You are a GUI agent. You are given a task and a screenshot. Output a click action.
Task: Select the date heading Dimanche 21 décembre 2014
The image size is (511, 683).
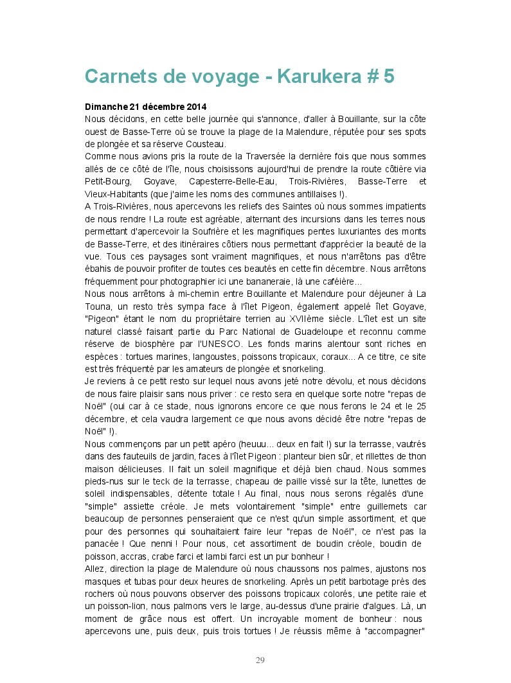click(147, 106)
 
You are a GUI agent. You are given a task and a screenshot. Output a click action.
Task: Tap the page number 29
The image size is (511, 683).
click(260, 660)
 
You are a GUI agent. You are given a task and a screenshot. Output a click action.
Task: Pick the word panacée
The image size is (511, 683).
click(103, 544)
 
